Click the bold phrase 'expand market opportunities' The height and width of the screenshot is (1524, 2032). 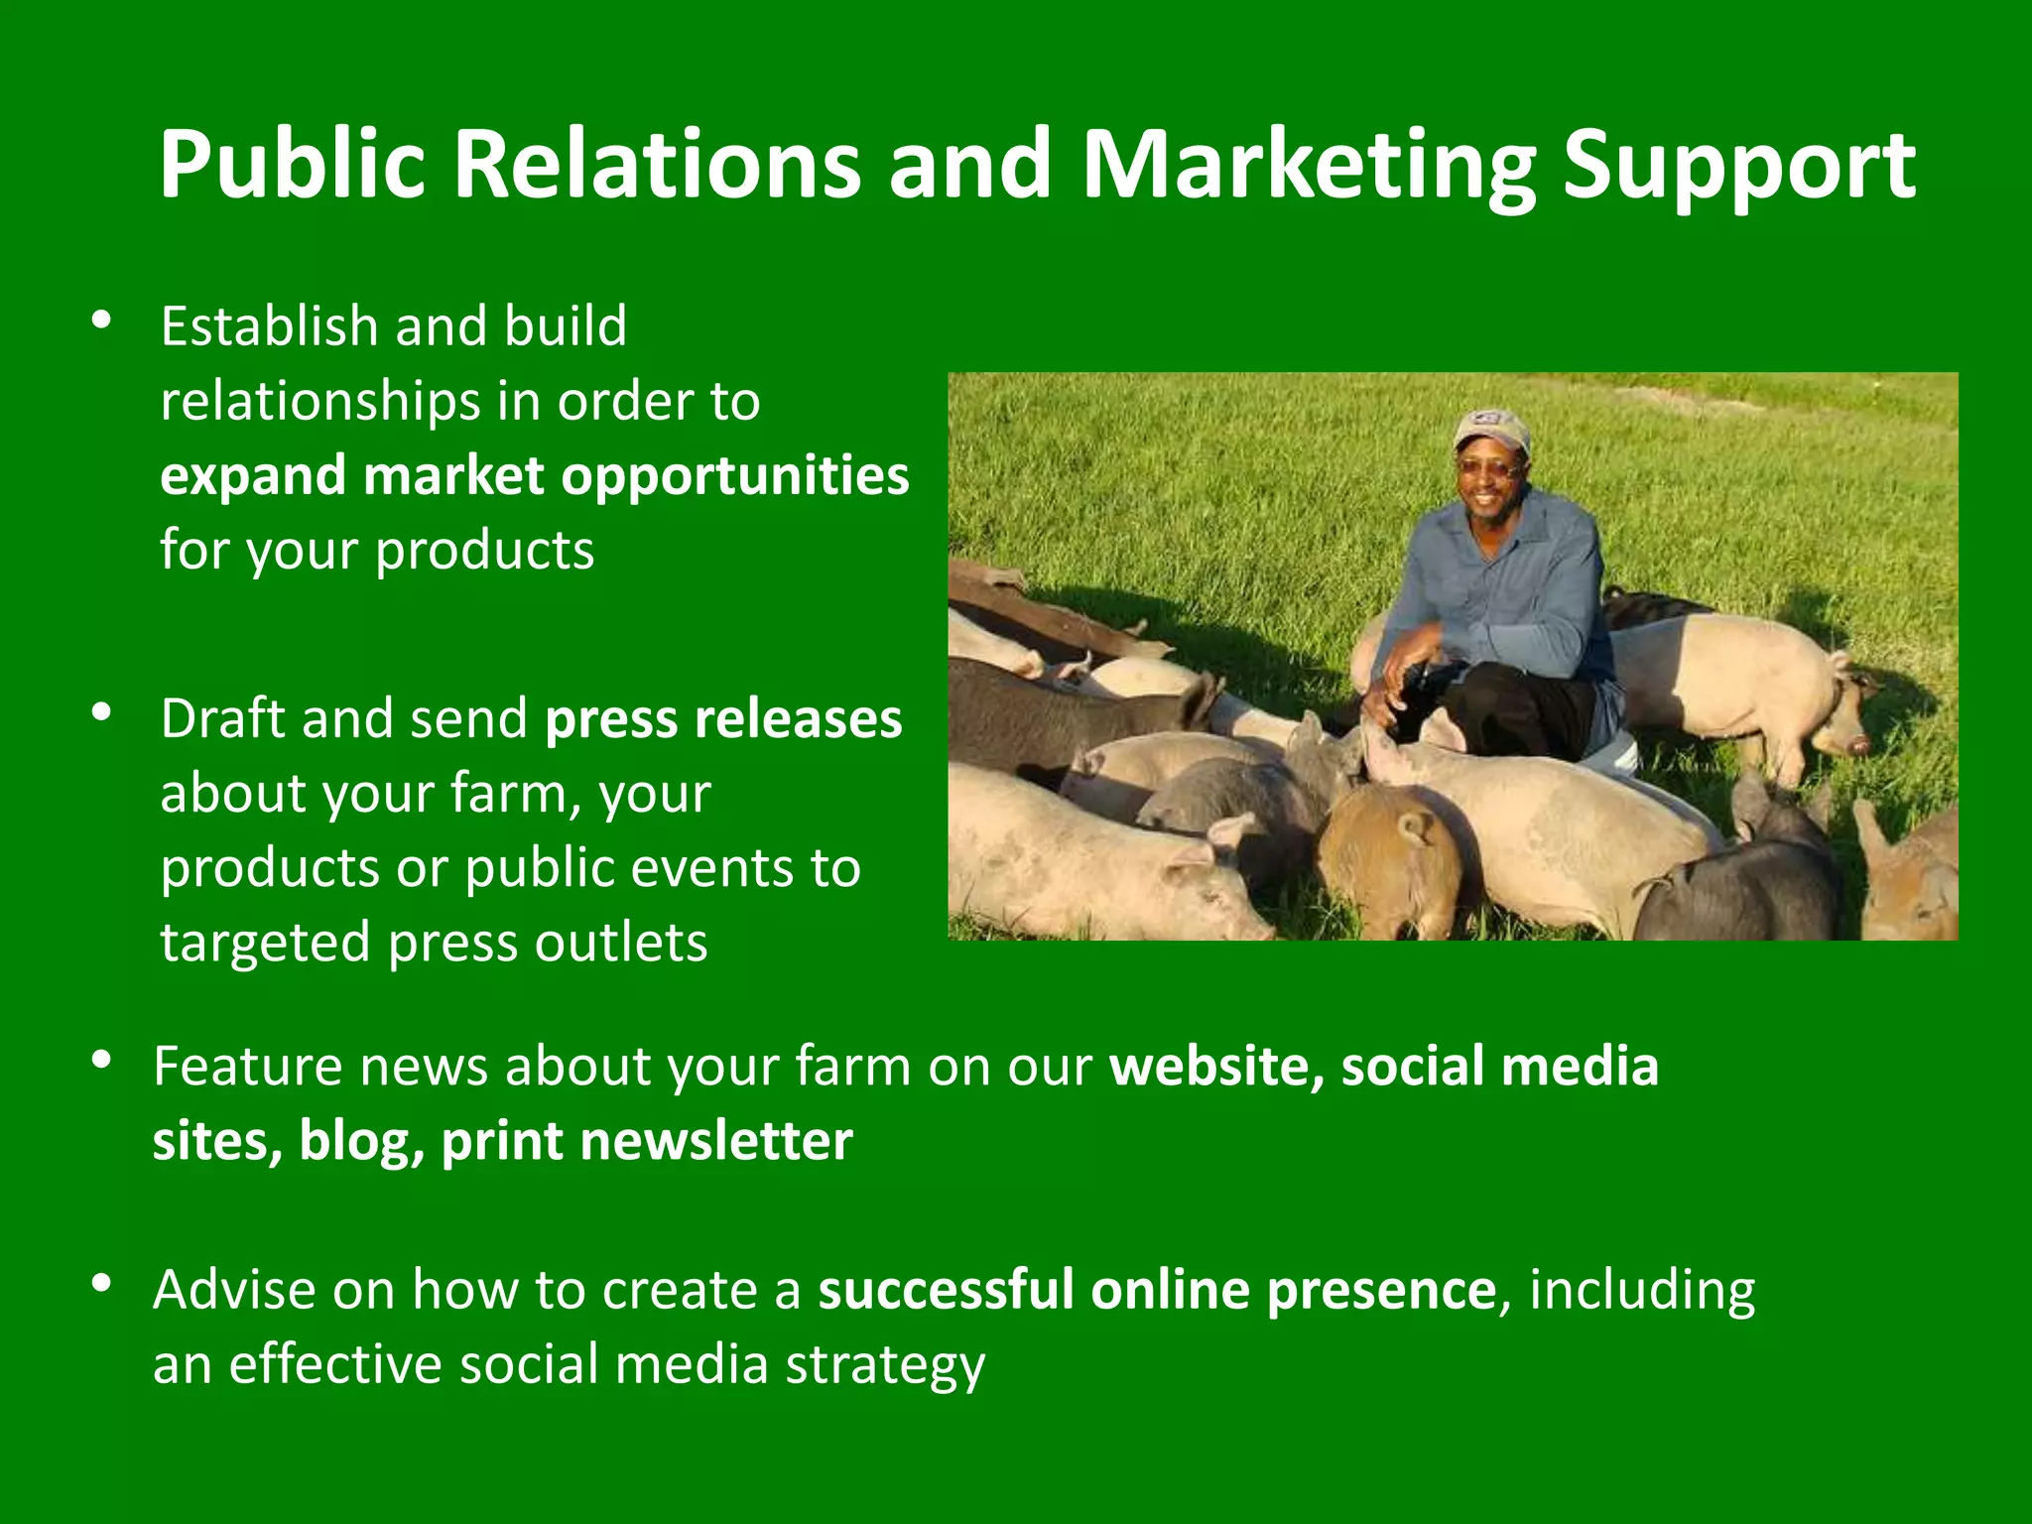point(535,476)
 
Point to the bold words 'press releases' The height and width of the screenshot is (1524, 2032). point(723,718)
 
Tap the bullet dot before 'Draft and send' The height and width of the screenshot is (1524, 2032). point(100,712)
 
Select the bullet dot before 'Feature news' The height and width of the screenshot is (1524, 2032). point(100,1060)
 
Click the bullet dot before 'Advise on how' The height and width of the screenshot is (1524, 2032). point(100,1284)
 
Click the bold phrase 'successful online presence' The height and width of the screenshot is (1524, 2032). point(1156,1289)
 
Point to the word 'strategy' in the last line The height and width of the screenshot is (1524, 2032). point(885,1365)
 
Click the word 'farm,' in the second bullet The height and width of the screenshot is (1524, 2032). point(514,794)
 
